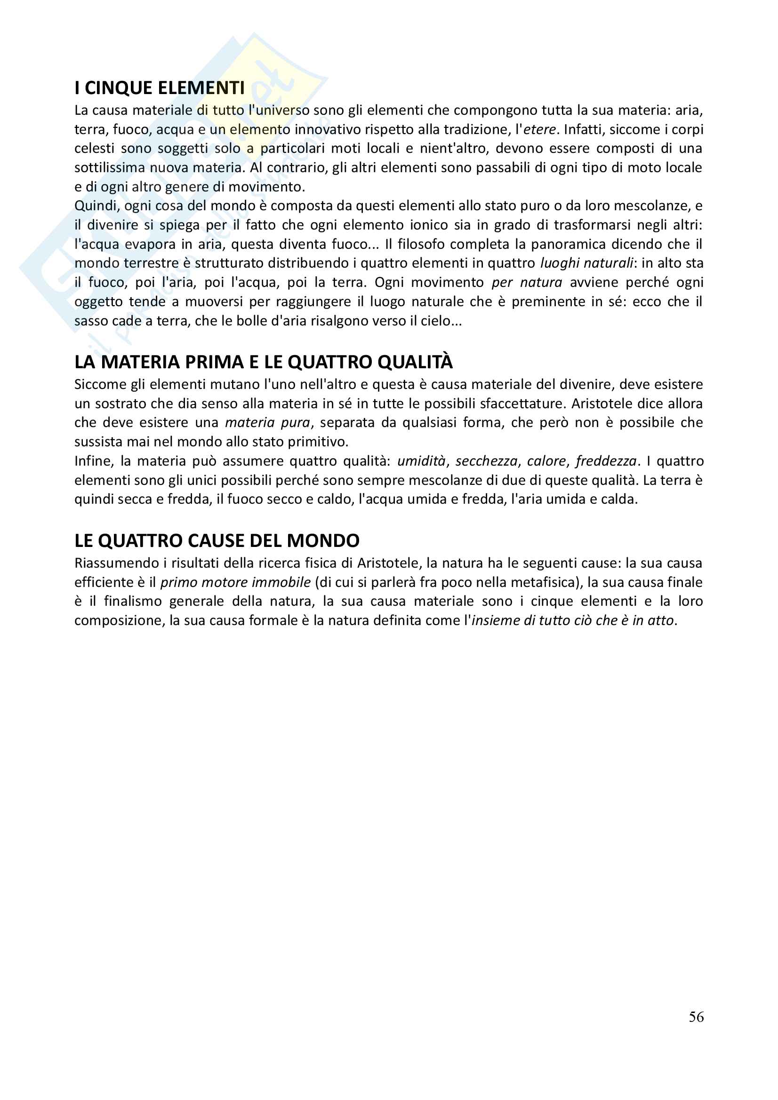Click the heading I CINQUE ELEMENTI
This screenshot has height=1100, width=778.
160,88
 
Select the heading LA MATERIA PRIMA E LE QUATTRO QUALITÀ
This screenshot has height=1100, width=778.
263,362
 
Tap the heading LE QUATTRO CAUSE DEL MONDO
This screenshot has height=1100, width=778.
217,541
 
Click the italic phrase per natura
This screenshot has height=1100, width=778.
527,283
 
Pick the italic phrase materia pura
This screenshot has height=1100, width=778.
267,423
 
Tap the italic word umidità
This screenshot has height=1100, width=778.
421,461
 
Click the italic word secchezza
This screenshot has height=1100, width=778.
486,461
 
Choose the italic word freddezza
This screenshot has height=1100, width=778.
606,461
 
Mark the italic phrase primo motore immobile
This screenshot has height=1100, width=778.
235,583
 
